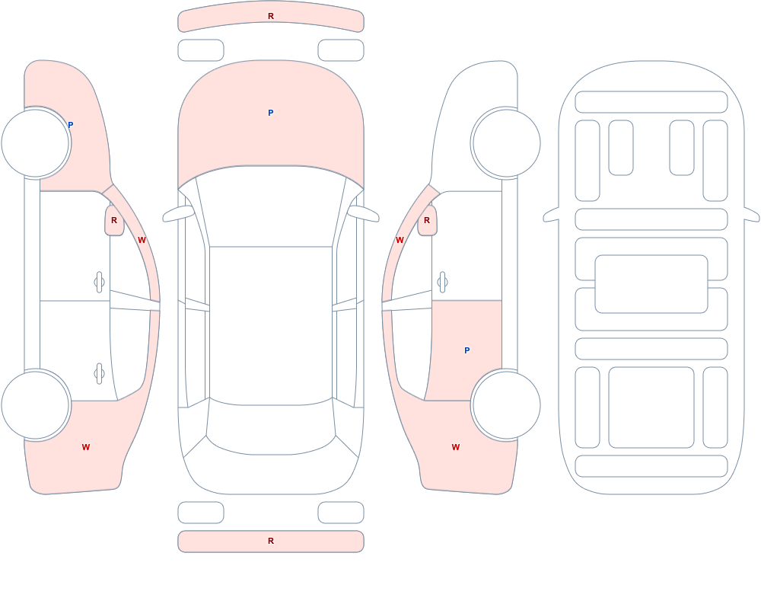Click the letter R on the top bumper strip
click(x=271, y=16)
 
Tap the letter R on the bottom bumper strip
click(x=271, y=541)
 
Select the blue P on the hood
click(x=271, y=113)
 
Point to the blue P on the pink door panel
click(x=467, y=350)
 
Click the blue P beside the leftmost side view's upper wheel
click(x=70, y=125)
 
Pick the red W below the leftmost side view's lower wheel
click(x=86, y=447)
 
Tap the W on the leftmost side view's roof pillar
click(x=142, y=240)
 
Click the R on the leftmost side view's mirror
click(x=114, y=220)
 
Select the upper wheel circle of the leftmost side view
click(x=36, y=143)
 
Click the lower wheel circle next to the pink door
click(x=506, y=404)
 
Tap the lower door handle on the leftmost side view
click(x=100, y=374)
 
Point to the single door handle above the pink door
click(x=442, y=283)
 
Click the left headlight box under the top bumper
click(x=201, y=50)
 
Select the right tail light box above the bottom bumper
click(x=341, y=513)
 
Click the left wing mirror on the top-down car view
click(x=177, y=213)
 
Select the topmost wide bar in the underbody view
click(x=651, y=102)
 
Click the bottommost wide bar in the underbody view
click(x=651, y=466)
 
